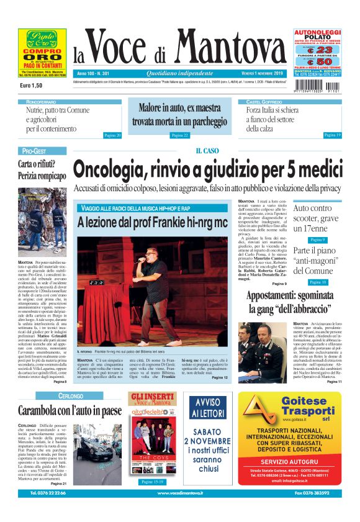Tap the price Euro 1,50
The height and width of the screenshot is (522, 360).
pos(31,84)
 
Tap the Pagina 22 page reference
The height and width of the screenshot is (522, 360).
pos(179,135)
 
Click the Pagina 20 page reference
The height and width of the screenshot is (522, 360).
pos(112,135)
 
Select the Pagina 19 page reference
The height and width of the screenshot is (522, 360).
pos(332,135)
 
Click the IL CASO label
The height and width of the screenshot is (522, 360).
pos(207,151)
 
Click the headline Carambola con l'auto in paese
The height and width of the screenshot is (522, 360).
pos(70,410)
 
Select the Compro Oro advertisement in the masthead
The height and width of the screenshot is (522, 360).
pos(42,54)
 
